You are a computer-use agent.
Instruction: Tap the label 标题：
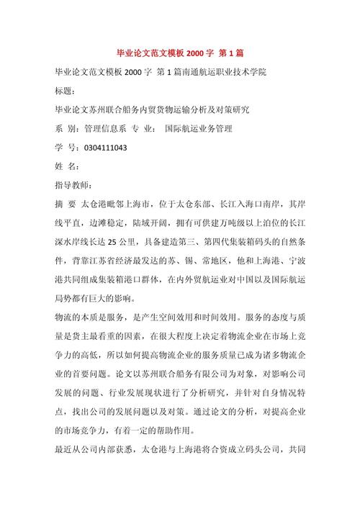point(59,91)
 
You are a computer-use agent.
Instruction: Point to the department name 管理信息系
point(107,129)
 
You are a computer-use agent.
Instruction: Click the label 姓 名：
point(58,166)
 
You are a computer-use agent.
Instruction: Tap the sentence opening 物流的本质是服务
point(85,317)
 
